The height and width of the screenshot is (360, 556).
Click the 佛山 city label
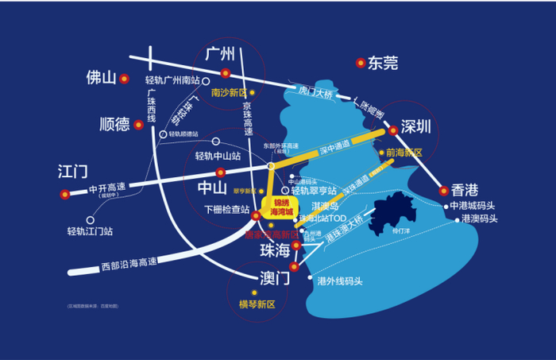tap(101, 78)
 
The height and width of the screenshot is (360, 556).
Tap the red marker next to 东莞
tap(361, 62)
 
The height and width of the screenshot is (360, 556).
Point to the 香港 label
tap(465, 190)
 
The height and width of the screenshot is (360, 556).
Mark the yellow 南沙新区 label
tap(229, 92)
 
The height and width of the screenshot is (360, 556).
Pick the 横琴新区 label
tap(257, 304)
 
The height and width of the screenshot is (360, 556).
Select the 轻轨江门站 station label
tap(90, 232)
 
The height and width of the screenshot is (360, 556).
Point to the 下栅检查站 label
tap(226, 210)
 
